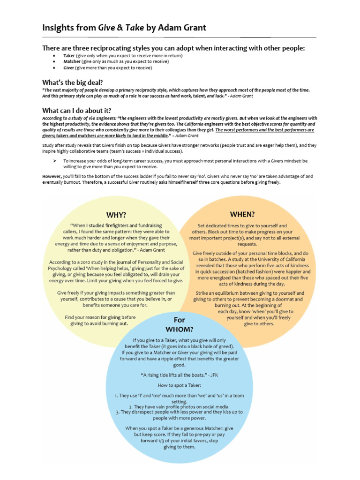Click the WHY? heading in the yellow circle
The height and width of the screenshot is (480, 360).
pyautogui.click(x=116, y=215)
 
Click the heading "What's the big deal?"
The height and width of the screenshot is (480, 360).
pyautogui.click(x=72, y=82)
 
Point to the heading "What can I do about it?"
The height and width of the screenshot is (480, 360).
pyautogui.click(x=77, y=110)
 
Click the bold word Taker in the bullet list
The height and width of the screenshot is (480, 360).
pyautogui.click(x=69, y=55)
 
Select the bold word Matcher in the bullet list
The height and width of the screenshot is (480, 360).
pyautogui.click(x=72, y=61)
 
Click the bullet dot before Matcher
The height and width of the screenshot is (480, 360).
pyautogui.click(x=54, y=61)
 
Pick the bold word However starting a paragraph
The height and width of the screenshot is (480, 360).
pyautogui.click(x=52, y=176)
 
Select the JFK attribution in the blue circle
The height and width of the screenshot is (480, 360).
pyautogui.click(x=214, y=375)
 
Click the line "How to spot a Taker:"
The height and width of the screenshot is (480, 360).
pyautogui.click(x=180, y=385)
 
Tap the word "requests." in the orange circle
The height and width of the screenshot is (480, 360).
pyautogui.click(x=247, y=244)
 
